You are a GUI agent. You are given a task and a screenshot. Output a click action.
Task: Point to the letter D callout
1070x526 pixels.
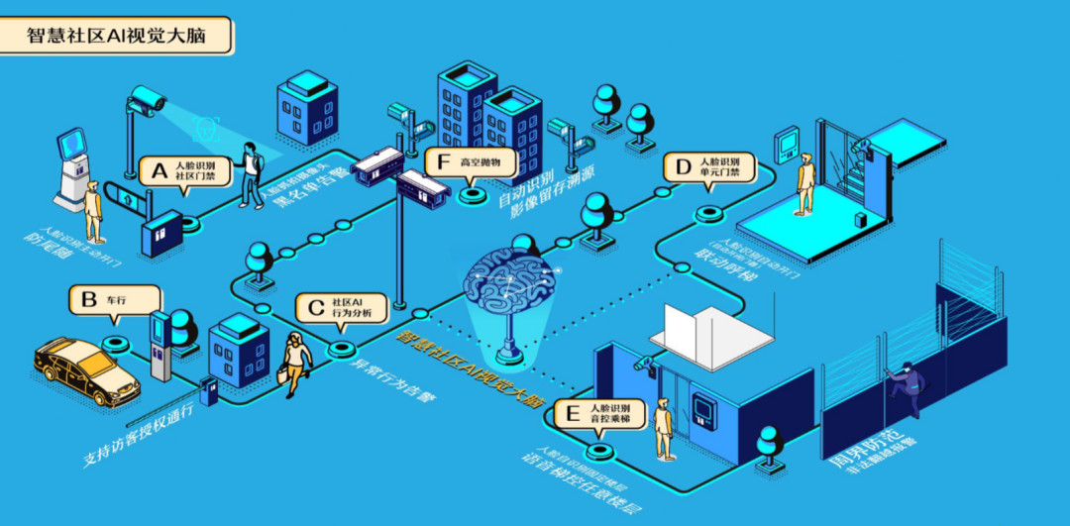[x=682, y=167]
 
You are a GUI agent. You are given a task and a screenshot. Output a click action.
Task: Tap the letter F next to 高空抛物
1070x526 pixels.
[x=443, y=161]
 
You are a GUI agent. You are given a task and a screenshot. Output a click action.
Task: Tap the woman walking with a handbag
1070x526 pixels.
[x=295, y=363]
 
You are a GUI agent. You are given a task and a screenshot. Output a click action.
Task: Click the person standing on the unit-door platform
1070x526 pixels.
[x=807, y=183]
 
